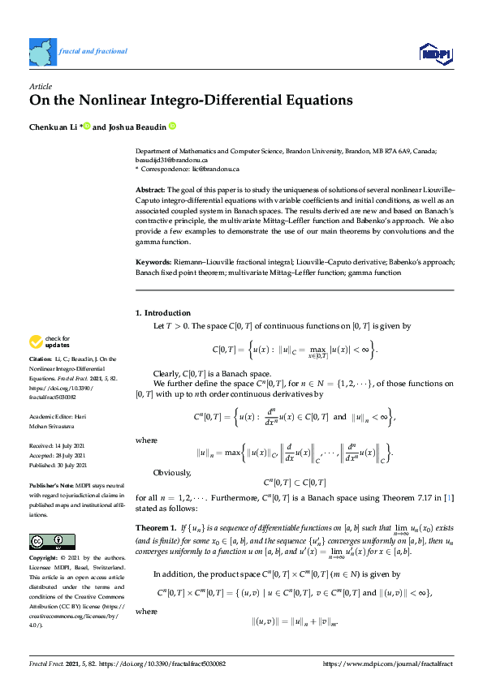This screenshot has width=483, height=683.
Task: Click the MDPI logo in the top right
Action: click(x=435, y=54)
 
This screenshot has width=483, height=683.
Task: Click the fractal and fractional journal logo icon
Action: click(x=42, y=51)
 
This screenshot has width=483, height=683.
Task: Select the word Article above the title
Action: click(x=40, y=86)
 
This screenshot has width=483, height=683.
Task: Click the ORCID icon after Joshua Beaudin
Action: click(x=172, y=127)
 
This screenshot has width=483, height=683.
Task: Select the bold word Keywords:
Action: click(x=153, y=264)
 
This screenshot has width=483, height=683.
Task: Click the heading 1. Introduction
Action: click(x=162, y=312)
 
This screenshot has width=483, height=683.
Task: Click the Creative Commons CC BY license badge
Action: click(x=49, y=518)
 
